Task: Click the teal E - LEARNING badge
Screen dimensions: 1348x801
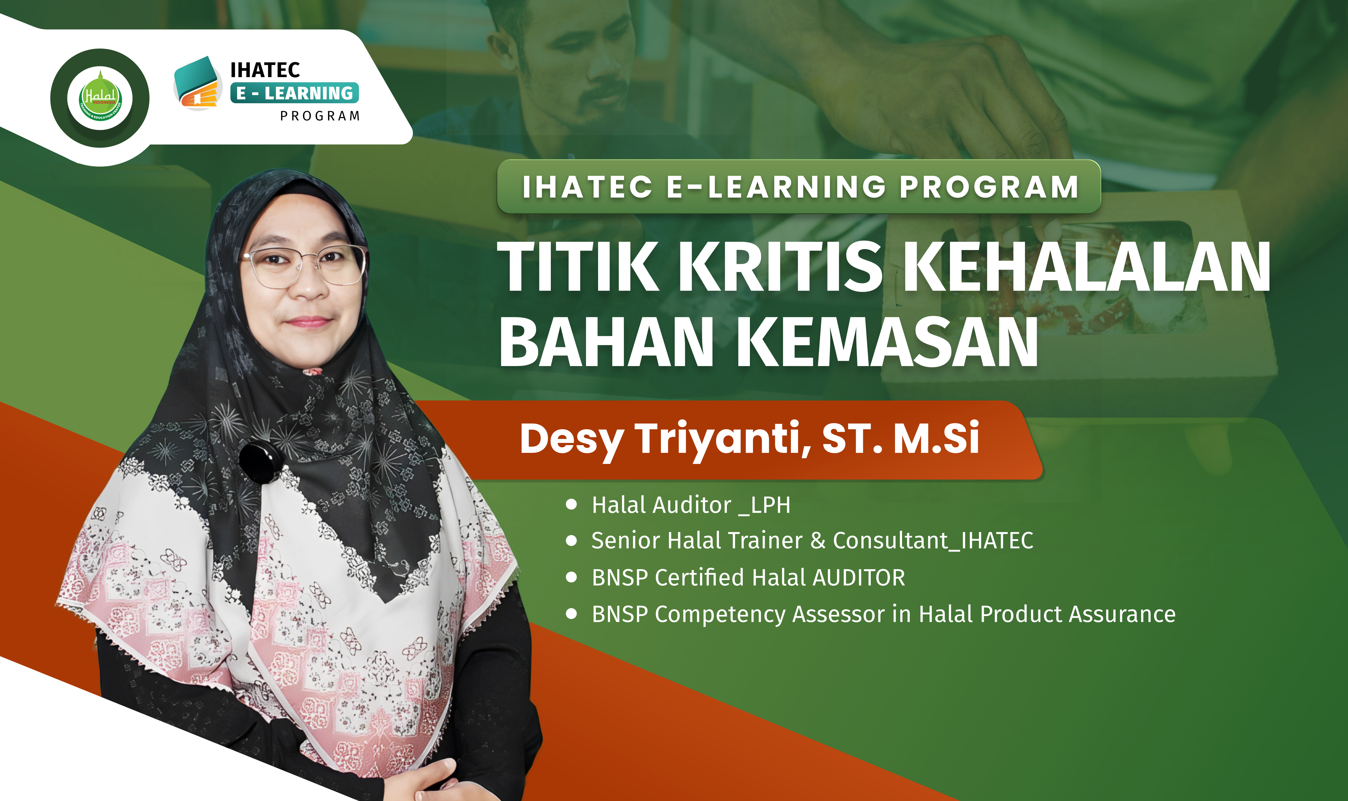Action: coord(294,93)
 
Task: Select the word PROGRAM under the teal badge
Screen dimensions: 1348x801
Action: coord(320,116)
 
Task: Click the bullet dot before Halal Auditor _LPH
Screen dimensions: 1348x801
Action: coord(571,505)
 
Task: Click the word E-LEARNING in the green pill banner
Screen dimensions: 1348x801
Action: coord(776,187)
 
